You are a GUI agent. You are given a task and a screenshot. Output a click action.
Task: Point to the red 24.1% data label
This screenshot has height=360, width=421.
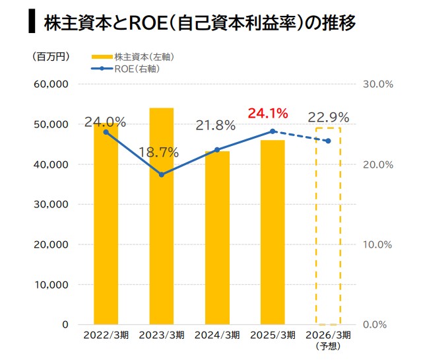click(268, 114)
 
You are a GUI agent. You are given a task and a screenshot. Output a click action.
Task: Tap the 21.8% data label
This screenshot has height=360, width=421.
click(215, 125)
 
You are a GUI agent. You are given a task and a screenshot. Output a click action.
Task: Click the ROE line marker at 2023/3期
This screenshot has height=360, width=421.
click(161, 174)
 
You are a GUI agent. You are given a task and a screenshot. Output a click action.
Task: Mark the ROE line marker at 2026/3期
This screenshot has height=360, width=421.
click(328, 141)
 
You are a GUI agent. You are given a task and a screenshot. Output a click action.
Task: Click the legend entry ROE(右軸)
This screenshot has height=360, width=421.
click(135, 68)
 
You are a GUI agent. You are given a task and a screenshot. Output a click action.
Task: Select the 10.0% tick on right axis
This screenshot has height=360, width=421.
click(377, 244)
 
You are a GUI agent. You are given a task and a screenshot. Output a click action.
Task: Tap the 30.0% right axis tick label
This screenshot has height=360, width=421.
click(377, 84)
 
